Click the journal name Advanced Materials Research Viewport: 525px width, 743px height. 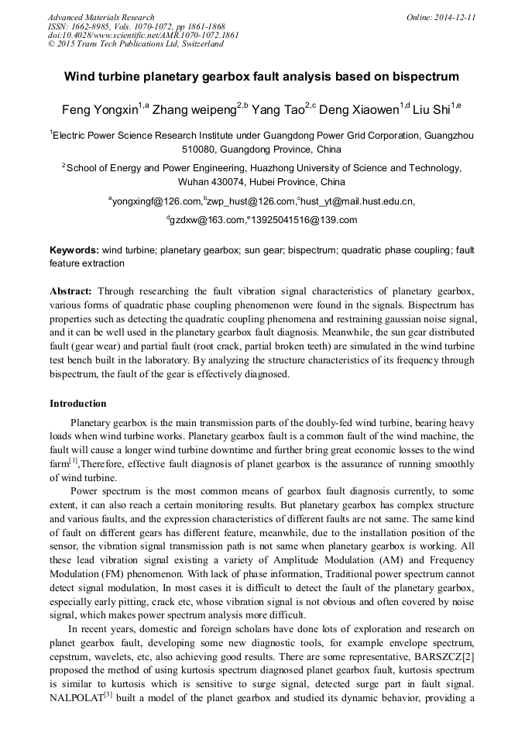click(101, 17)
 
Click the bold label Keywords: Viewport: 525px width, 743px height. click(74, 250)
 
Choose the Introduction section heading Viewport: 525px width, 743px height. click(78, 404)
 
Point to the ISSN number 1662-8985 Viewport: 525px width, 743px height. click(94, 26)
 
